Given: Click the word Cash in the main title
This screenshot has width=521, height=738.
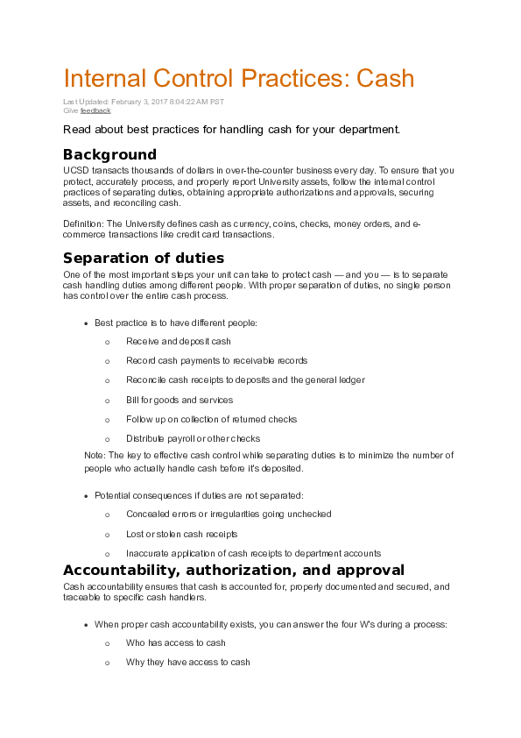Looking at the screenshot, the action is click(x=383, y=78).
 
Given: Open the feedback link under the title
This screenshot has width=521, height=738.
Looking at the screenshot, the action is click(x=95, y=110).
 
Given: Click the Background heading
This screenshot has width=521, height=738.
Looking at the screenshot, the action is click(x=109, y=155).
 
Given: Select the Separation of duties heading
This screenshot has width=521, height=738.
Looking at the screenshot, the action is click(x=144, y=258).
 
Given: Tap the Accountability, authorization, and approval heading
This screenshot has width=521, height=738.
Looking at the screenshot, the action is click(x=234, y=570).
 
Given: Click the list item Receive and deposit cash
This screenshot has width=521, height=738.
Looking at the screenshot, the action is click(x=179, y=341).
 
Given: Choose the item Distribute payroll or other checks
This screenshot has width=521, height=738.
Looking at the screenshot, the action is click(x=193, y=438).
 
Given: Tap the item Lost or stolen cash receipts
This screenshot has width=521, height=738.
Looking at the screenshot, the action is click(x=182, y=534).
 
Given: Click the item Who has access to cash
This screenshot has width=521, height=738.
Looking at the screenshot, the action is click(x=176, y=642).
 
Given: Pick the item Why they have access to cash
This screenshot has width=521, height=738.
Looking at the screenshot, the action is click(x=188, y=662).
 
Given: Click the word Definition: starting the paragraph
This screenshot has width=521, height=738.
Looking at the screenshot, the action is click(x=83, y=224).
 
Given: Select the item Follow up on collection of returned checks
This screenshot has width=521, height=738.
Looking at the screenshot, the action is click(x=212, y=419).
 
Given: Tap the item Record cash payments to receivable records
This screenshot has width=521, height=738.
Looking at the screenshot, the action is click(x=216, y=360).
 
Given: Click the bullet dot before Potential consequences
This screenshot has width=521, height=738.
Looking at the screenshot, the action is click(x=85, y=495).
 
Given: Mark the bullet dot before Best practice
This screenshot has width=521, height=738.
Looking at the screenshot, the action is click(x=85, y=323).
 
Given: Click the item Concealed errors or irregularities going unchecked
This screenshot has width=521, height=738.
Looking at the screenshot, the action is click(x=229, y=514).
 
